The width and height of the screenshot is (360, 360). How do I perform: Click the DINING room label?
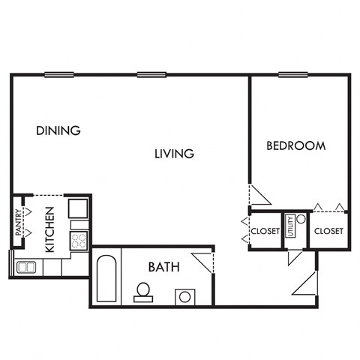[58, 130]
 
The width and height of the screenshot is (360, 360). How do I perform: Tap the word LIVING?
[174, 154]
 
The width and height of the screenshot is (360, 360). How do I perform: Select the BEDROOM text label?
[296, 145]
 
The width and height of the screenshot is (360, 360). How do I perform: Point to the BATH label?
[163, 266]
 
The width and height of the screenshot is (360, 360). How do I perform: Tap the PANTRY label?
[19, 223]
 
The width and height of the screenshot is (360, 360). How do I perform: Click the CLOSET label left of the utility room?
[265, 231]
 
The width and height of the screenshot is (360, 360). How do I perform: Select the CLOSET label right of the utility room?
[328, 231]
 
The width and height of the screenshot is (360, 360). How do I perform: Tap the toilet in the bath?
[142, 291]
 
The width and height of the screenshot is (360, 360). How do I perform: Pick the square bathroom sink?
[185, 296]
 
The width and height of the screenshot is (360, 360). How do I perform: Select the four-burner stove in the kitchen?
[79, 240]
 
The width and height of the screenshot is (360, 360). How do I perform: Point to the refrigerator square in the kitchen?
[79, 208]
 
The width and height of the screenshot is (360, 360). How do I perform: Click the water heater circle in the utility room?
[300, 220]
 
